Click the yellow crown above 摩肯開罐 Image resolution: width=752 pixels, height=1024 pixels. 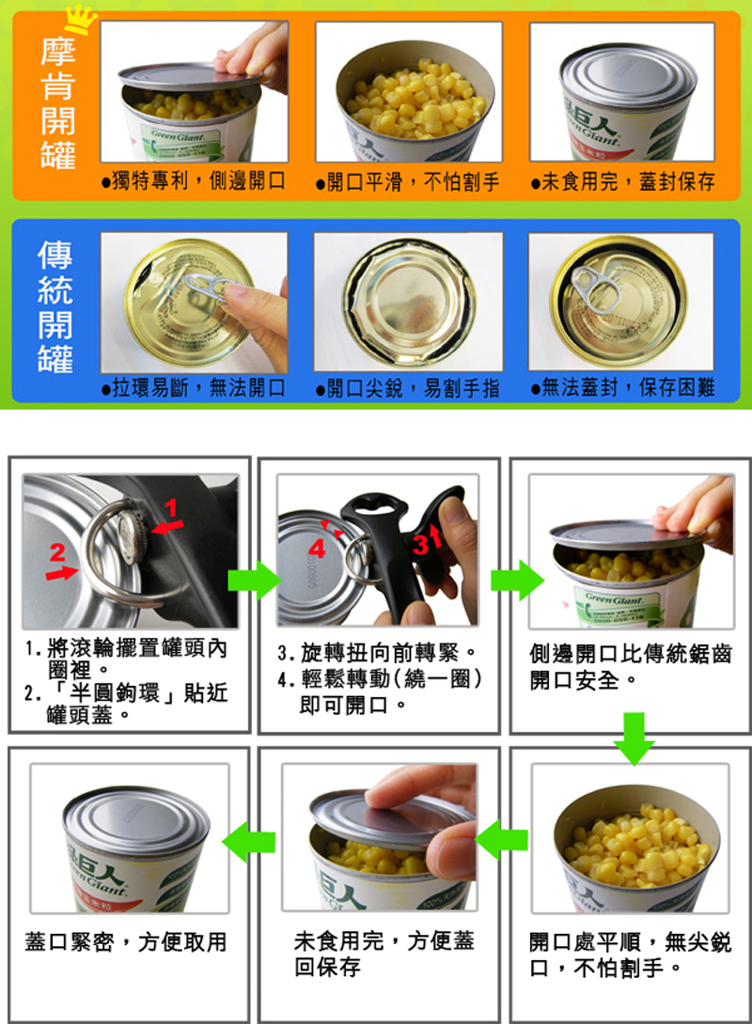[x=80, y=20]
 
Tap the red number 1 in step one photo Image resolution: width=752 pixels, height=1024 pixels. [x=170, y=507]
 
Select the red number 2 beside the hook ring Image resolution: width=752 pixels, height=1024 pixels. [x=57, y=552]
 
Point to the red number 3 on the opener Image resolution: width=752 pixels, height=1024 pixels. [x=420, y=543]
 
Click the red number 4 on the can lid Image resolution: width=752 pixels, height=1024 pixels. [x=317, y=548]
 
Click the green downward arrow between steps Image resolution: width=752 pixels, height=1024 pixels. [x=634, y=738]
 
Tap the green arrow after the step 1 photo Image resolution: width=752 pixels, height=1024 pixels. [x=254, y=580]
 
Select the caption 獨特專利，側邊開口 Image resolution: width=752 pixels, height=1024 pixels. [x=194, y=181]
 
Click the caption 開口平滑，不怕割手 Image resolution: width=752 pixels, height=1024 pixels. [x=408, y=181]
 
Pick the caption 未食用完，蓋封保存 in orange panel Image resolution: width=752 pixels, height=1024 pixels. [x=622, y=181]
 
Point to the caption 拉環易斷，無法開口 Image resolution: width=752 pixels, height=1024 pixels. [x=194, y=388]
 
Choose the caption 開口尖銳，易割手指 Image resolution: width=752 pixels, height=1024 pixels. [x=408, y=389]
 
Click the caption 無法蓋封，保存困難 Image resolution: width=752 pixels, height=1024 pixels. [x=622, y=388]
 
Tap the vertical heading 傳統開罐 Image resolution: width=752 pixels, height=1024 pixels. [x=55, y=306]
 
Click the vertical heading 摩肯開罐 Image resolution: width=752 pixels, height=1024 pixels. [x=57, y=103]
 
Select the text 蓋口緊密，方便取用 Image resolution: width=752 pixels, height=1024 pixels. [x=125, y=941]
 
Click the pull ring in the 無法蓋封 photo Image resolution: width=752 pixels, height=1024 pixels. [x=597, y=287]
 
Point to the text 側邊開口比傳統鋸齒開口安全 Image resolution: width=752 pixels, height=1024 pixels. [x=631, y=667]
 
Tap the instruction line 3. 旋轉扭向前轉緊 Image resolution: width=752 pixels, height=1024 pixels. [x=377, y=652]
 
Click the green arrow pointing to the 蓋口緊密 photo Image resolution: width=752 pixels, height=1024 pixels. [x=249, y=841]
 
